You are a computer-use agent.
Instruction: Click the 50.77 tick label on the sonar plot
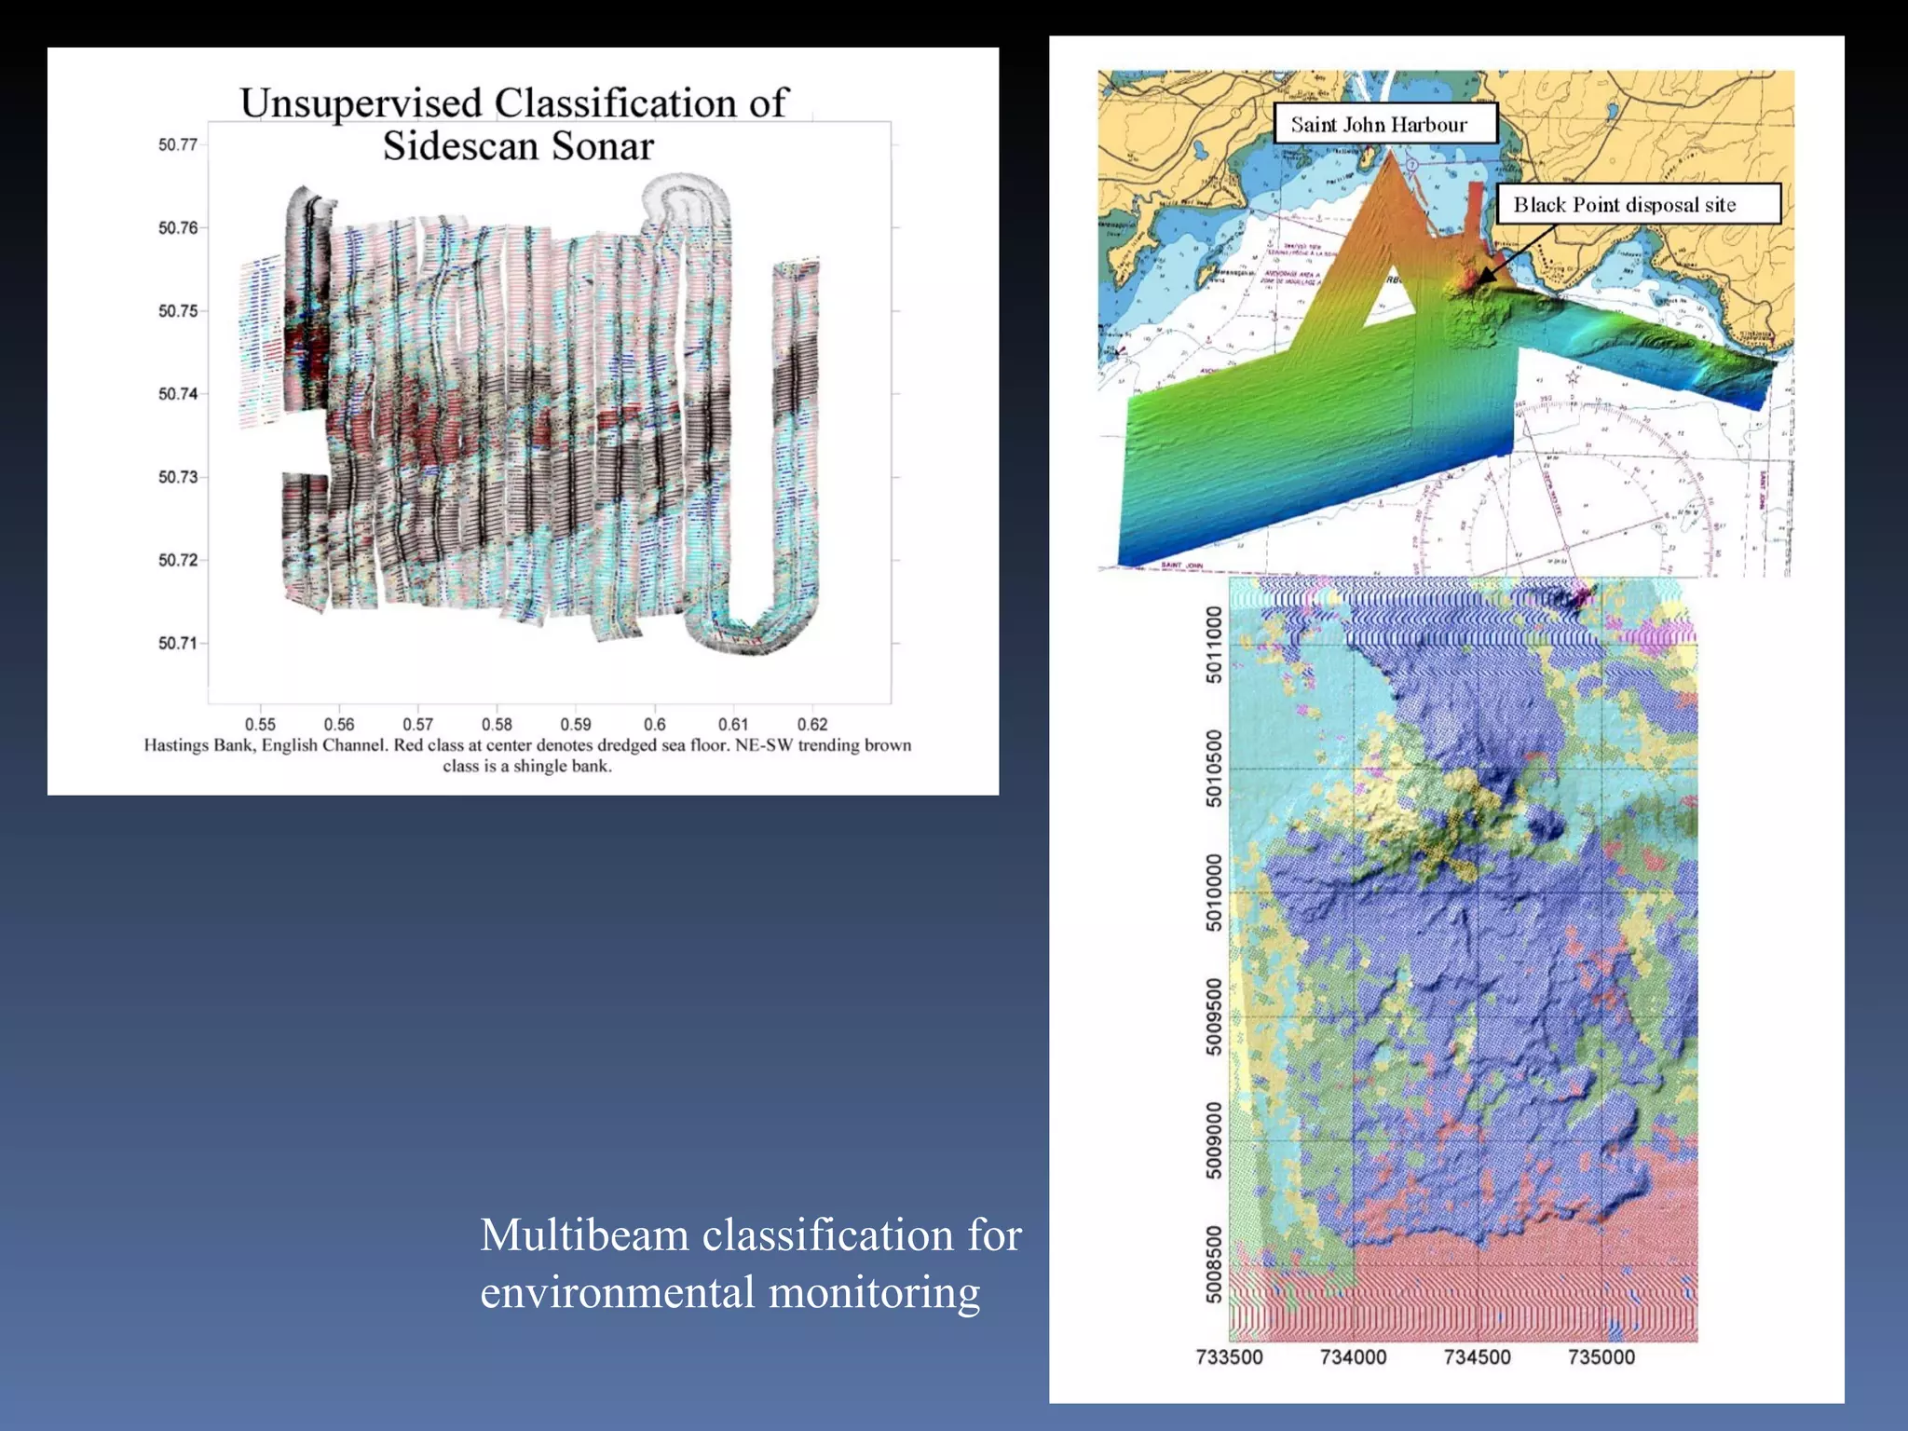pyautogui.click(x=177, y=144)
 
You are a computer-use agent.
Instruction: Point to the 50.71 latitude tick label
pyautogui.click(x=177, y=643)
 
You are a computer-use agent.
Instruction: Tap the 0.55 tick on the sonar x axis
pyautogui.click(x=260, y=724)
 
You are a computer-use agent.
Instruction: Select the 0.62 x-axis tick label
pyautogui.click(x=812, y=724)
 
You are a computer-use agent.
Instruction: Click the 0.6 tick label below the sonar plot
pyautogui.click(x=655, y=724)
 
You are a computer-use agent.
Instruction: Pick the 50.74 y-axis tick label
pyautogui.click(x=177, y=394)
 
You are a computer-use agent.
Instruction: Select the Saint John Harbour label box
pyautogui.click(x=1384, y=125)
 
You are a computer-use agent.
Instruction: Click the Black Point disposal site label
pyautogui.click(x=1638, y=205)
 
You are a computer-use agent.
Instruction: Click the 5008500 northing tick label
pyautogui.click(x=1214, y=1263)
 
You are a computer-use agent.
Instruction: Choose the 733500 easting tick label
pyautogui.click(x=1229, y=1357)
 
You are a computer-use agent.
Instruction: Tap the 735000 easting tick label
pyautogui.click(x=1601, y=1357)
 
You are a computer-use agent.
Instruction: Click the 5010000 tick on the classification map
pyautogui.click(x=1214, y=892)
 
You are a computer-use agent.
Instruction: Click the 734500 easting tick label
pyautogui.click(x=1477, y=1357)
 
